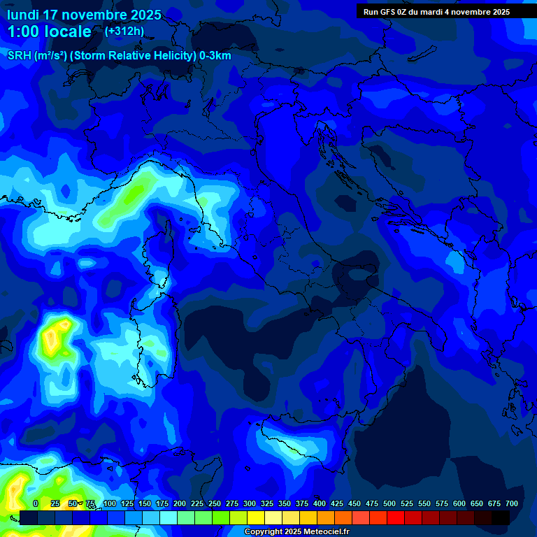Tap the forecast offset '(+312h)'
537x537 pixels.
click(x=124, y=31)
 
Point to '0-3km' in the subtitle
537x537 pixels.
click(x=215, y=56)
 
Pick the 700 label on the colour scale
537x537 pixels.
click(x=512, y=504)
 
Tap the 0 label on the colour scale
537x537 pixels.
click(x=35, y=504)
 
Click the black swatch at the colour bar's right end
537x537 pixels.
click(x=501, y=517)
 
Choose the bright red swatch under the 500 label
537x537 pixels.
click(x=378, y=517)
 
